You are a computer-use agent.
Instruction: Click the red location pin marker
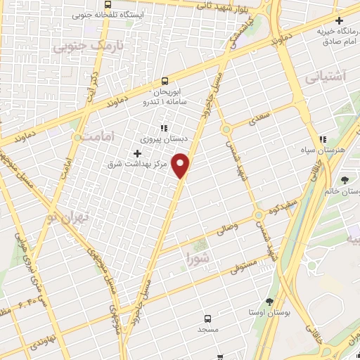point(181,166)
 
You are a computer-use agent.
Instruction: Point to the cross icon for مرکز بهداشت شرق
point(137,153)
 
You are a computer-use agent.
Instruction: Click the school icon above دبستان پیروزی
point(164,129)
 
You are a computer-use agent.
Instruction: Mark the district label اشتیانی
point(326,77)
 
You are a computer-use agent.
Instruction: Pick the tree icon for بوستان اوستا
point(269,301)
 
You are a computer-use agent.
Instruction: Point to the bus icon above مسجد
point(207,318)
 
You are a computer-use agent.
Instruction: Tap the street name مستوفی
point(243,266)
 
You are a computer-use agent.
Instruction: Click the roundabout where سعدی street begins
point(226,129)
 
